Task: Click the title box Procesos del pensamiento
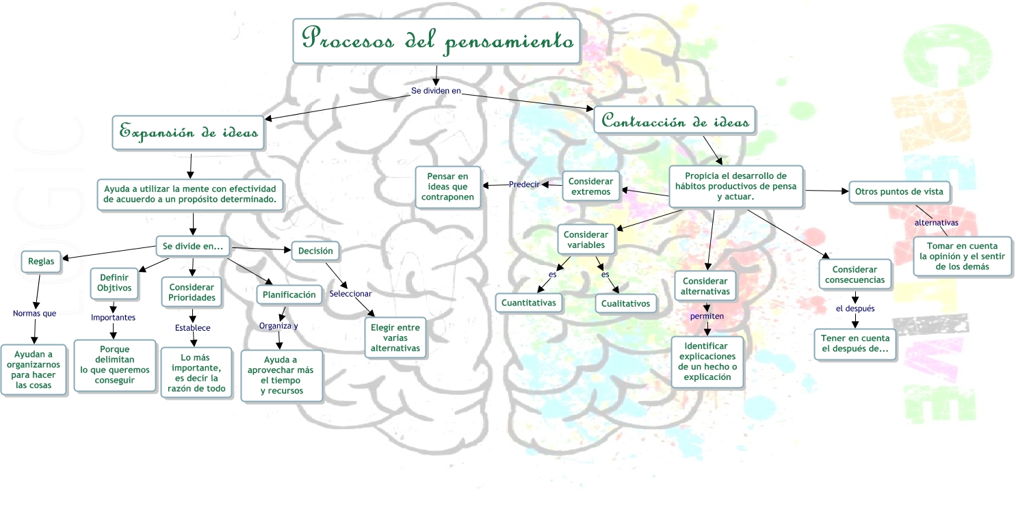(x=437, y=41)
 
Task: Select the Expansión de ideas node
(x=189, y=132)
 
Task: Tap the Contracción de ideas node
(x=675, y=122)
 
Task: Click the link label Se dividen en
(x=436, y=90)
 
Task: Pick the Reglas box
(x=41, y=261)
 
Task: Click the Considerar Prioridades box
(x=192, y=292)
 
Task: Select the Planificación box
(x=289, y=295)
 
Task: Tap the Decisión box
(x=315, y=251)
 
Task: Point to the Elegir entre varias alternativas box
(x=395, y=338)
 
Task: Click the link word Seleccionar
(x=350, y=294)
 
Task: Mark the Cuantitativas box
(x=529, y=302)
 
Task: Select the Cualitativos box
(x=626, y=303)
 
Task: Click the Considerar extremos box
(x=590, y=187)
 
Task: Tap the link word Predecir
(x=524, y=184)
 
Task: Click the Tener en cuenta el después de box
(x=855, y=344)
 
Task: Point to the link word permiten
(x=707, y=316)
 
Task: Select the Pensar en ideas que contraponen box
(x=447, y=187)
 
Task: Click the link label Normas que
(x=34, y=314)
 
